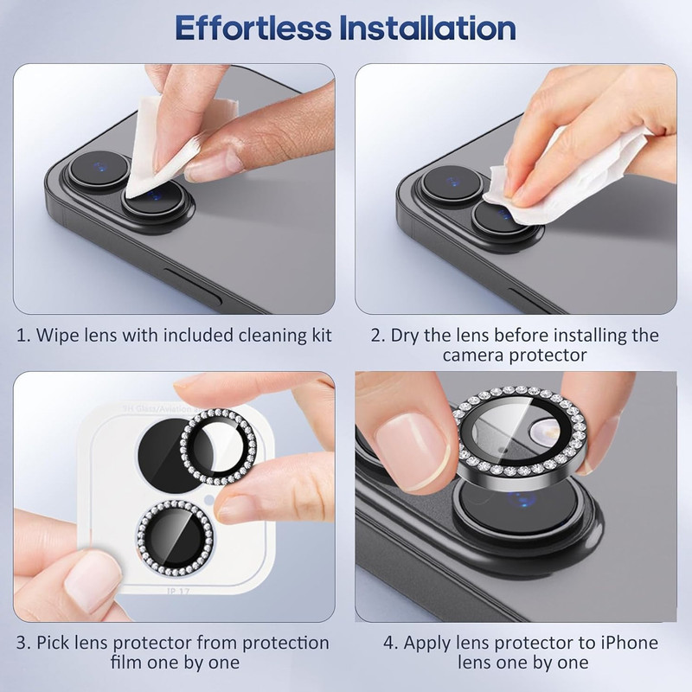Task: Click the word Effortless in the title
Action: pos(253,28)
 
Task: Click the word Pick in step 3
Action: pos(53,643)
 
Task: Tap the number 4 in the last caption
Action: pos(390,643)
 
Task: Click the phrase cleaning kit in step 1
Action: pos(285,335)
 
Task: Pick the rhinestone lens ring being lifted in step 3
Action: pos(219,446)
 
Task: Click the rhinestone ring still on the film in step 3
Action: pos(176,538)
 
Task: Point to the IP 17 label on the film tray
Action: pos(178,591)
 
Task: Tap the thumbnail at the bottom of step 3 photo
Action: pos(91,579)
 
